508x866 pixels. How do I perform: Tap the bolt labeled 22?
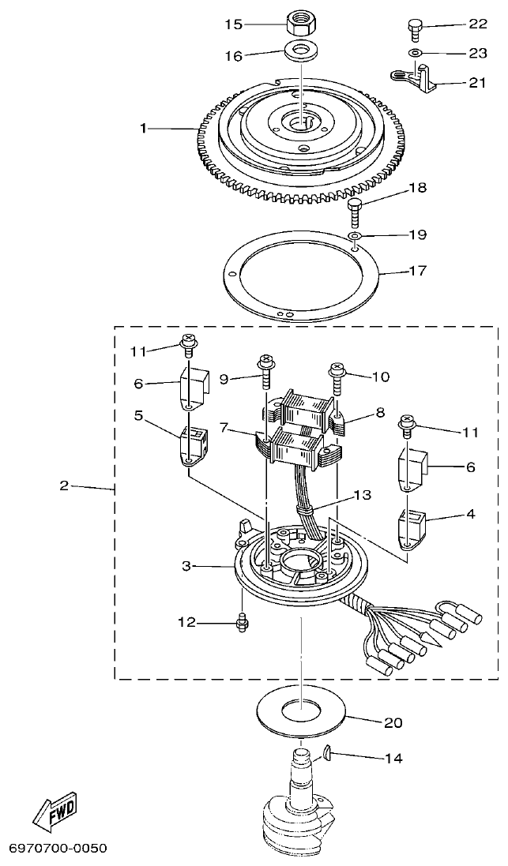413,26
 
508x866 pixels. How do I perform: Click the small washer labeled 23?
414,53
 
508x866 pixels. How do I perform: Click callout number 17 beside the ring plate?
418,270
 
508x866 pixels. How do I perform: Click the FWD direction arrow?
53,807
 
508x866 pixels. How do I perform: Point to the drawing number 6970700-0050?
57,849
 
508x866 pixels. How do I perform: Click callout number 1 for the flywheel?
143,127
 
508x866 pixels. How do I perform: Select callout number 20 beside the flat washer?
393,722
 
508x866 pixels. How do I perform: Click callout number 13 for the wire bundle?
362,495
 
